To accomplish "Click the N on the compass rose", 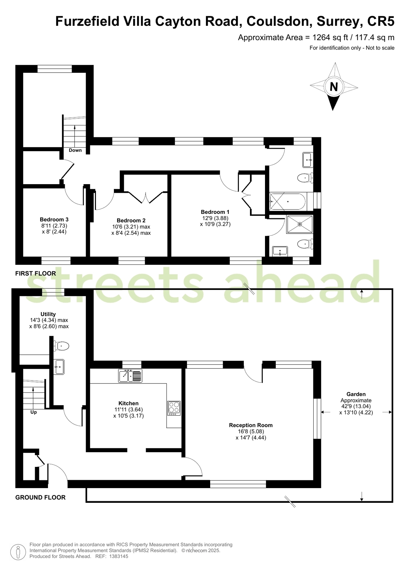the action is pos(334,87).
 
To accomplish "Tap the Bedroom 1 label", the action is pos(215,212).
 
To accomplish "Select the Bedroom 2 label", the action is pos(131,220).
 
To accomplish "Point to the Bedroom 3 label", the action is pos(54,219).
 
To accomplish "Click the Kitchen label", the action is pos(128,404).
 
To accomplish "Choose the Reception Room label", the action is pos(251,425).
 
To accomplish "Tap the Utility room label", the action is pos(48,314).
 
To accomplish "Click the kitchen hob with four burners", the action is pos(174,408).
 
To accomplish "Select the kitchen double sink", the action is pos(130,376).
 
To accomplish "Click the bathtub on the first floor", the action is pos(288,202).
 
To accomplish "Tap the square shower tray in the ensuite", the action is pos(300,224).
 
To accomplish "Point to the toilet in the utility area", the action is pos(61,346).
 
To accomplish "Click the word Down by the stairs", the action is pos(75,150).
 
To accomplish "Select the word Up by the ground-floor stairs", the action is pos(34,412).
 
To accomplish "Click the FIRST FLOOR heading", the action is pos(35,273).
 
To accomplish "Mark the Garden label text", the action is pos(356,394).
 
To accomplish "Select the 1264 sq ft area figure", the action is pos(331,38).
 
